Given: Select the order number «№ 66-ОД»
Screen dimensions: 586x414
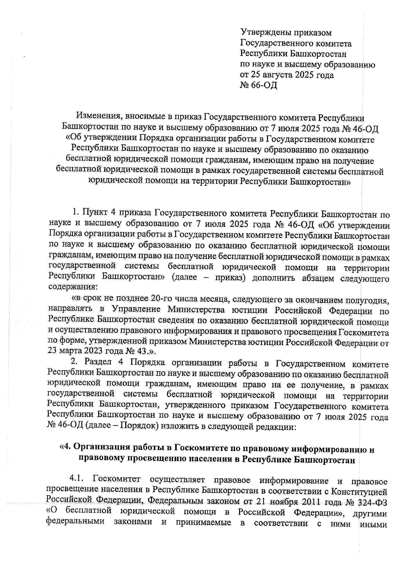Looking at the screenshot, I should click(258, 85).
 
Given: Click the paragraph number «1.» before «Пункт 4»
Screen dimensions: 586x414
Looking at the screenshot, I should click(76, 214).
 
